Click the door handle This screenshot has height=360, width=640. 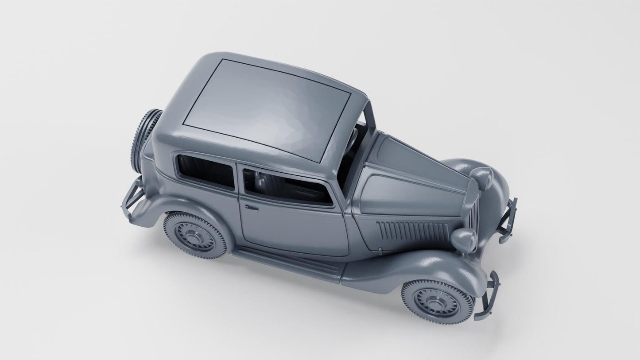251,207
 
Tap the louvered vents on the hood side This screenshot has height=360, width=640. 412,231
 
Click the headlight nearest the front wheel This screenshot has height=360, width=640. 464,240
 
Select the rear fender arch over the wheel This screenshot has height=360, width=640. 177,208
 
